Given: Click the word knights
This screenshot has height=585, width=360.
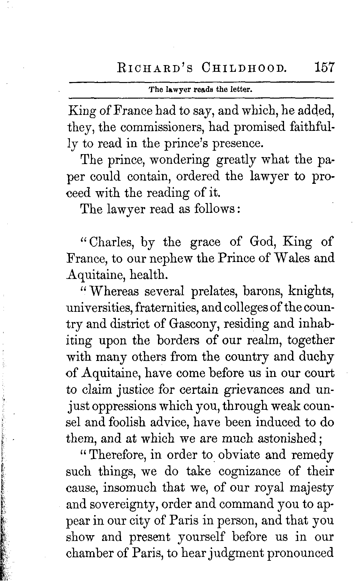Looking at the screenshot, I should [x=311, y=291].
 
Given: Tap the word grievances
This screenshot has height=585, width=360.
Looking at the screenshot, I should [x=245, y=390].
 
